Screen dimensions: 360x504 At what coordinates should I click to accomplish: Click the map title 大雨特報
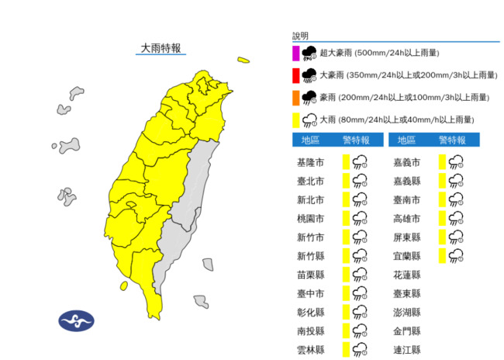pos(161,48)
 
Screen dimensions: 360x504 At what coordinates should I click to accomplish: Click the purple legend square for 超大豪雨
pos(295,53)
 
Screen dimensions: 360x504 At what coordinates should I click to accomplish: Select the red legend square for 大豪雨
pos(295,75)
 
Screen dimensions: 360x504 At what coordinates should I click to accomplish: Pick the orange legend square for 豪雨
pos(295,98)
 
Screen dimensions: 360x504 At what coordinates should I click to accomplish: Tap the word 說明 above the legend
pos(300,36)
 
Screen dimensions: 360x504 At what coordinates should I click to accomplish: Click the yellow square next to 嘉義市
pos(442,162)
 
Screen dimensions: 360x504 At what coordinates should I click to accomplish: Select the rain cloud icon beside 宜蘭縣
pos(456,256)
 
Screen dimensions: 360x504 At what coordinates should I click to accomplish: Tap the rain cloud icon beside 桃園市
pos(360,219)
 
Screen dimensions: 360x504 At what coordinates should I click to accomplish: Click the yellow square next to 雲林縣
pos(346,350)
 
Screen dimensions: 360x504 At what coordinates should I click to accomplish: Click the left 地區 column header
pos(310,140)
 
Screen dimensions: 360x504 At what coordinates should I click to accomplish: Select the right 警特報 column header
pos(452,140)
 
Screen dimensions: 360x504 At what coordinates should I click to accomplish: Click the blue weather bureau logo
pos(76,320)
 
